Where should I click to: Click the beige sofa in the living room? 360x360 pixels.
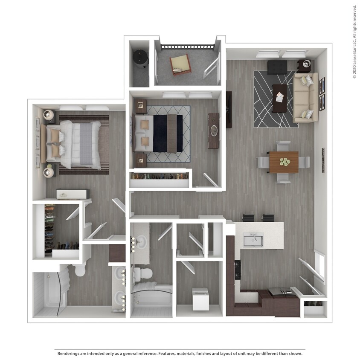(306, 97)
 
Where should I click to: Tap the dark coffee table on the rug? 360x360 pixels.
(279, 98)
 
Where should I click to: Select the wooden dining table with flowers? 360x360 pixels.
(283, 162)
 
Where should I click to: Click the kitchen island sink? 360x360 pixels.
(253, 240)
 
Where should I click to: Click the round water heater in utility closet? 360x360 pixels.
(140, 58)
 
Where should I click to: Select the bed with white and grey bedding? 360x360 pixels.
(77, 144)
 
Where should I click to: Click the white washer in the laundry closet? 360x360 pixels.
(200, 299)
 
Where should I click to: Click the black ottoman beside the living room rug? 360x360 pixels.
(277, 67)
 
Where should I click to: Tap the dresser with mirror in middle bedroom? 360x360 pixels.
(213, 131)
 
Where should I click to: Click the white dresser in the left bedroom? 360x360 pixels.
(73, 194)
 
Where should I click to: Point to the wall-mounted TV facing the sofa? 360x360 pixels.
(229, 110)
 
